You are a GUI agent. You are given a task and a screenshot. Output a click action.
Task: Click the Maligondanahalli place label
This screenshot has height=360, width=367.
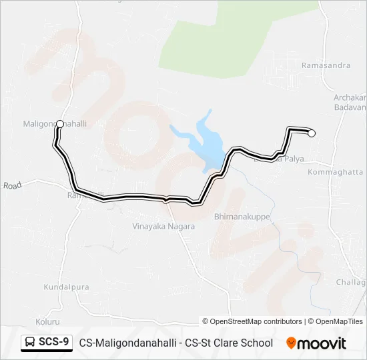(55, 124)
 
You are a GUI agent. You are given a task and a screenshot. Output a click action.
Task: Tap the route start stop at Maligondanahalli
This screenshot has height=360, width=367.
(60, 123)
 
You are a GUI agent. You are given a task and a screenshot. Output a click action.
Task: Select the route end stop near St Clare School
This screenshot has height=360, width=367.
(311, 133)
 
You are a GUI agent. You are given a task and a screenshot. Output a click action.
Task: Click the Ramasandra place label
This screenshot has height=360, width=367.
(326, 66)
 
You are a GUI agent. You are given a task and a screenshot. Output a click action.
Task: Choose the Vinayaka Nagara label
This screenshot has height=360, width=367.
(163, 227)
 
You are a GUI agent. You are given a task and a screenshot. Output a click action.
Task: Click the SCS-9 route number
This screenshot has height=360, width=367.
(53, 343)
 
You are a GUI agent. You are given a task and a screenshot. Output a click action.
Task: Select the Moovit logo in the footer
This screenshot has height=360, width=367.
(316, 343)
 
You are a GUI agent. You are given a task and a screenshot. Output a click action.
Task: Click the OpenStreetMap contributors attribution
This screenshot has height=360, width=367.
(252, 321)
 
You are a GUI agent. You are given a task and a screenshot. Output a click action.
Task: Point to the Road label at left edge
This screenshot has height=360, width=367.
(12, 186)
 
